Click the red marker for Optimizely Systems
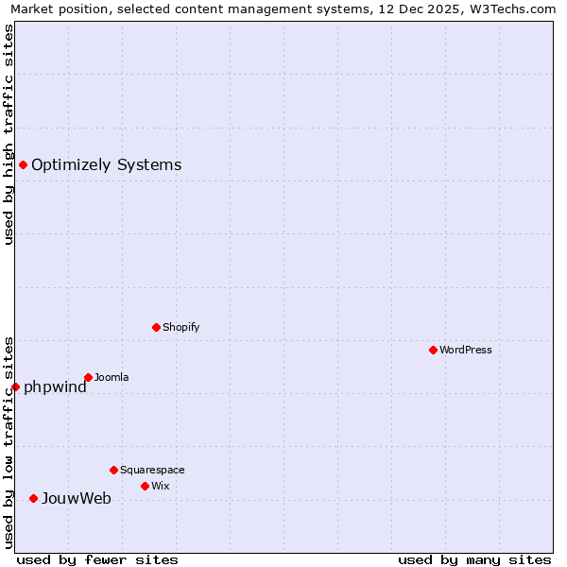click(x=24, y=165)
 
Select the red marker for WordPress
click(x=433, y=350)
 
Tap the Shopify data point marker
click(x=156, y=327)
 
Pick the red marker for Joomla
click(x=88, y=377)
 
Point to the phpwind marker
click(x=15, y=387)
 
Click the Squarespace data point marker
click(x=113, y=470)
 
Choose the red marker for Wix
click(x=145, y=486)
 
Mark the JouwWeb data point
click(x=33, y=498)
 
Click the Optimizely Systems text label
click(x=106, y=165)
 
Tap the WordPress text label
click(x=466, y=350)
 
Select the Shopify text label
click(x=180, y=327)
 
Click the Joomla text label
click(x=112, y=377)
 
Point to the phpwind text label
click(x=55, y=387)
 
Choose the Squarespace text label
click(x=152, y=470)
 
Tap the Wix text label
click(x=160, y=486)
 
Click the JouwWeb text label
click(x=76, y=498)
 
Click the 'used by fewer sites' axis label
click(x=97, y=559)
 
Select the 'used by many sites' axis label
click(x=474, y=559)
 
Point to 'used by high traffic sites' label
click(x=9, y=134)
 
